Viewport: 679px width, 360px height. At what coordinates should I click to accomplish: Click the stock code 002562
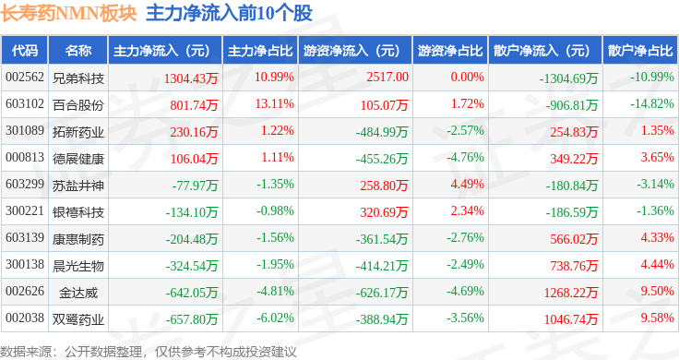[x=25, y=78]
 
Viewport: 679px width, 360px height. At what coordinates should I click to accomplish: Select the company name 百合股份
[x=77, y=104]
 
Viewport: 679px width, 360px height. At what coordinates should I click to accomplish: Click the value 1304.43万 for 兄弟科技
[x=188, y=78]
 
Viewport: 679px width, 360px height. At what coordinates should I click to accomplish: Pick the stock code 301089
[x=25, y=131]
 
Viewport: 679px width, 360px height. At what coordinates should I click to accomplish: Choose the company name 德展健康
[x=77, y=159]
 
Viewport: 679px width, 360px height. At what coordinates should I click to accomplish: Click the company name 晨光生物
[x=77, y=266]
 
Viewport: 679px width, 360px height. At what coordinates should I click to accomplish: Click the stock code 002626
[x=25, y=293]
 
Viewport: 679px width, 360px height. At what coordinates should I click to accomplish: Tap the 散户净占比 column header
[x=640, y=50]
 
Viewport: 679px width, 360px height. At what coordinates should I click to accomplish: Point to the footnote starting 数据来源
[x=149, y=351]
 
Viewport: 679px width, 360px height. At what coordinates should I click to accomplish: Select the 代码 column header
[x=25, y=50]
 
